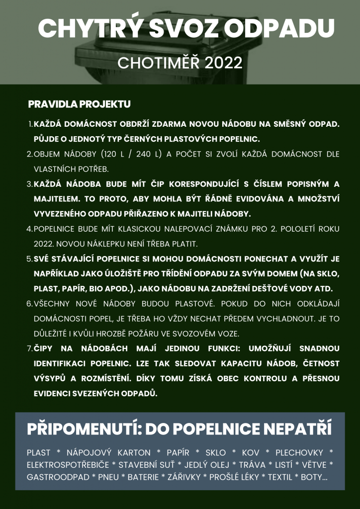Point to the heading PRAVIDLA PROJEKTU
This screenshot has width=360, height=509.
(79, 104)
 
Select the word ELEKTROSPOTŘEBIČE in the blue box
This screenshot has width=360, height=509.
(68, 465)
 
